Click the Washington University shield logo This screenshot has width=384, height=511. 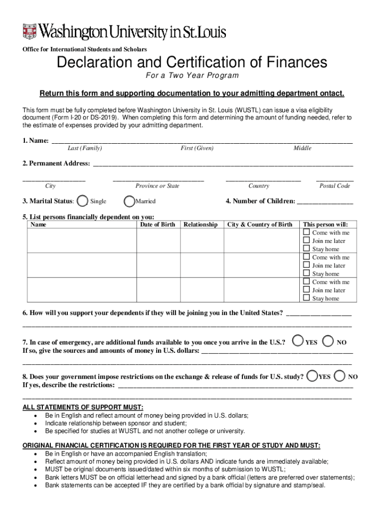coord(30,32)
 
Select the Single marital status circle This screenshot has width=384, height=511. coord(85,201)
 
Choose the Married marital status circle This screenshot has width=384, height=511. coord(129,201)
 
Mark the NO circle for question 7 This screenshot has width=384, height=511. coord(328,341)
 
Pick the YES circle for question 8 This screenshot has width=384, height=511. coord(312,375)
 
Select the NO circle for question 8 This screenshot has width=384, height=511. coord(340,375)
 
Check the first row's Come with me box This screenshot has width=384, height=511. coord(307,233)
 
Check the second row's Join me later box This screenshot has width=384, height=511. coord(307,265)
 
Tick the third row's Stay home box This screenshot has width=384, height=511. coord(307,298)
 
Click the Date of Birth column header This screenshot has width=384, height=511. coord(158,225)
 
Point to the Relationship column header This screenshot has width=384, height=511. coord(200,225)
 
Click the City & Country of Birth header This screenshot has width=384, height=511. coord(260,225)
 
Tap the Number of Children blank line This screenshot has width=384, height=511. coord(325,202)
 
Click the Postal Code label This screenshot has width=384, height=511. coord(335,186)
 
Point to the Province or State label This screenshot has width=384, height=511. coord(157,186)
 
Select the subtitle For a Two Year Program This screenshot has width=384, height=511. coord(192,76)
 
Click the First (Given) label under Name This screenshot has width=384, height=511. coord(197,148)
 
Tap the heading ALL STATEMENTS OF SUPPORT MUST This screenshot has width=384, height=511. coord(83,408)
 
